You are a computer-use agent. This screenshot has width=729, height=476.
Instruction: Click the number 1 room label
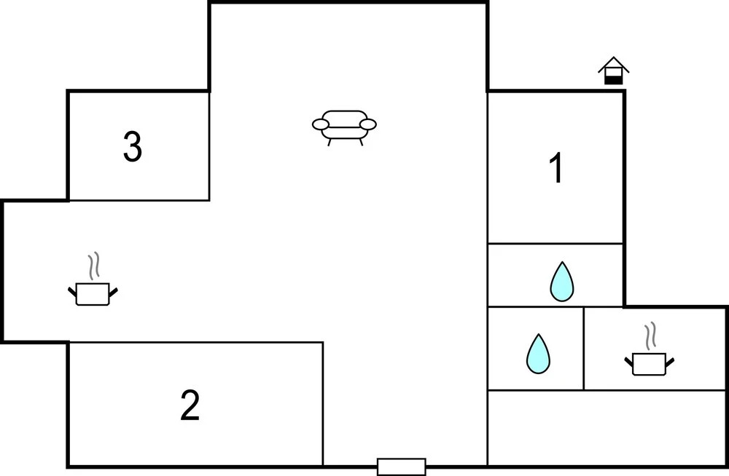(556, 167)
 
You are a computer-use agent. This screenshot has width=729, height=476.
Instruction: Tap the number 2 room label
(190, 405)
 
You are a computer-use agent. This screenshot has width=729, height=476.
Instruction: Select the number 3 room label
(133, 146)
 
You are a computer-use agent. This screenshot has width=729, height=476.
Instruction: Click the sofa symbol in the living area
(344, 127)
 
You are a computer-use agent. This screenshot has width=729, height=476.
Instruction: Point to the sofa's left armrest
(320, 124)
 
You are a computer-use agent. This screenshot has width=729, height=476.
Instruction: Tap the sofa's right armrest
(368, 124)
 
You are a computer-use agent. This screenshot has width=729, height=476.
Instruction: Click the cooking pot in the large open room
(93, 293)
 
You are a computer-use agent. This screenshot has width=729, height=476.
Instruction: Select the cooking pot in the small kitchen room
(650, 364)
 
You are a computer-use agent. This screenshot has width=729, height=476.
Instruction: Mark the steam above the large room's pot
(94, 266)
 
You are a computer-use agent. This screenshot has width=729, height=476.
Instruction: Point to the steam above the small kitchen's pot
(650, 336)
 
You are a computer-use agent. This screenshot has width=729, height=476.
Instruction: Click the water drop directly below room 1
(561, 282)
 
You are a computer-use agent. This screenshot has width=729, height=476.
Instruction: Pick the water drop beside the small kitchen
(538, 354)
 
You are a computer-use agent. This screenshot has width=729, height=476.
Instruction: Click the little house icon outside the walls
(613, 71)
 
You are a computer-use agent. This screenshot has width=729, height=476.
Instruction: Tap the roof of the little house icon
(614, 64)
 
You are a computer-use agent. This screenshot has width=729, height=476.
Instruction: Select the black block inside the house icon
(613, 80)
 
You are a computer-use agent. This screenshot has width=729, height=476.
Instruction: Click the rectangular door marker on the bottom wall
(401, 467)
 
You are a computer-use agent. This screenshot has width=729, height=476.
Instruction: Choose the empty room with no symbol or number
(607, 427)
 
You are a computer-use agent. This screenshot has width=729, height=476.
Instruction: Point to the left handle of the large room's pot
(72, 292)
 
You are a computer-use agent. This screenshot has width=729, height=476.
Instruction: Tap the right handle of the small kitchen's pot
(670, 362)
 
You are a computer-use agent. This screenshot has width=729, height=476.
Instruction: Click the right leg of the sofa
(361, 142)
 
